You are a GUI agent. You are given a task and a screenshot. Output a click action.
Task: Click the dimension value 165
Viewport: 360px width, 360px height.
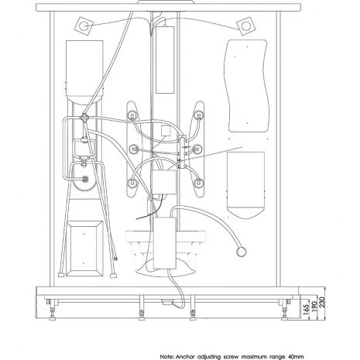tap(306, 308)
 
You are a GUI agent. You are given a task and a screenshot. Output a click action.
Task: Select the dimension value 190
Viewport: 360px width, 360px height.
tap(314, 306)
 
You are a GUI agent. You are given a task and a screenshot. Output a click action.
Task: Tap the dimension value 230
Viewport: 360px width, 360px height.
tap(323, 302)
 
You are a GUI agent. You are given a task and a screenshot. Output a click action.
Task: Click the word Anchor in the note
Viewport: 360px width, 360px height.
tap(185, 357)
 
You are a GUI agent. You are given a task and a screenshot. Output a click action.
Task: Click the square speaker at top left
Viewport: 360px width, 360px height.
tap(84, 26)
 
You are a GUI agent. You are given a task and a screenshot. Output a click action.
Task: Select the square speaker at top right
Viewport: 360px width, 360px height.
tap(246, 26)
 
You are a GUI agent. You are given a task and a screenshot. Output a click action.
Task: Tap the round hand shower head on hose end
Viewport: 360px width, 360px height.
tap(242, 252)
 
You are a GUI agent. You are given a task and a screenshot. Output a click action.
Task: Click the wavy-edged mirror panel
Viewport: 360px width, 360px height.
tap(247, 86)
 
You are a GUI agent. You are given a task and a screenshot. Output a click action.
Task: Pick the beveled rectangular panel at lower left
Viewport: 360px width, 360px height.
tap(84, 249)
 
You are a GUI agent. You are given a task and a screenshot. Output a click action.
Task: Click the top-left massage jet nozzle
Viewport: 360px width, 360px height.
tap(132, 115)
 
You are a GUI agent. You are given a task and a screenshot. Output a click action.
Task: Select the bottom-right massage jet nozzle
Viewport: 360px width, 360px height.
tap(198, 183)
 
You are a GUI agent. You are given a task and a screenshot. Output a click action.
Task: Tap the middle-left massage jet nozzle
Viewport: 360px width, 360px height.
tap(133, 149)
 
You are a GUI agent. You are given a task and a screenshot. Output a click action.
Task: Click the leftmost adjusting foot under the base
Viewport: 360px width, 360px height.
tap(53, 310)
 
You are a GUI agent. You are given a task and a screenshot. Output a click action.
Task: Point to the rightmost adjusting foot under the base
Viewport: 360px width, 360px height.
tap(285, 310)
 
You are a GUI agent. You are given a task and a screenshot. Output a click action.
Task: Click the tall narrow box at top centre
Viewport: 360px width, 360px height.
tap(165, 59)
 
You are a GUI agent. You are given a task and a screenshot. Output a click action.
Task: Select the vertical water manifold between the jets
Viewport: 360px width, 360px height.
tap(183, 152)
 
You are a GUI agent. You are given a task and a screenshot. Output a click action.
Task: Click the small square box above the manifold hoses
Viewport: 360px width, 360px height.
tap(165, 131)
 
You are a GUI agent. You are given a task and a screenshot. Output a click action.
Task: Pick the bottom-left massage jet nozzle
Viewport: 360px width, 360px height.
tap(132, 183)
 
